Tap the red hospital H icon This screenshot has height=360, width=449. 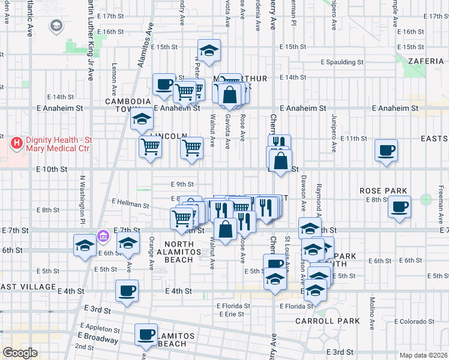[x=17, y=144]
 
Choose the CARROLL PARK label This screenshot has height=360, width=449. [x=319, y=321]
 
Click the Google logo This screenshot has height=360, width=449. [x=20, y=353]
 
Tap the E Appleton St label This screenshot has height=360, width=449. [x=99, y=329]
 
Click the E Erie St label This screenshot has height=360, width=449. [x=231, y=314]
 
